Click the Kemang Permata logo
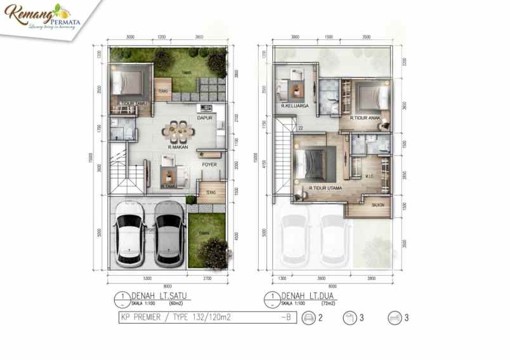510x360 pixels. (x=39, y=16)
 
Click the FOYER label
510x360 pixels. (x=209, y=164)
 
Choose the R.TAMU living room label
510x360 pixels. (x=168, y=187)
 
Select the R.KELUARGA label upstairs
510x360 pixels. (x=295, y=105)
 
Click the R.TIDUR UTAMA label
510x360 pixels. (x=325, y=188)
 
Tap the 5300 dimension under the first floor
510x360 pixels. (x=147, y=277)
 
